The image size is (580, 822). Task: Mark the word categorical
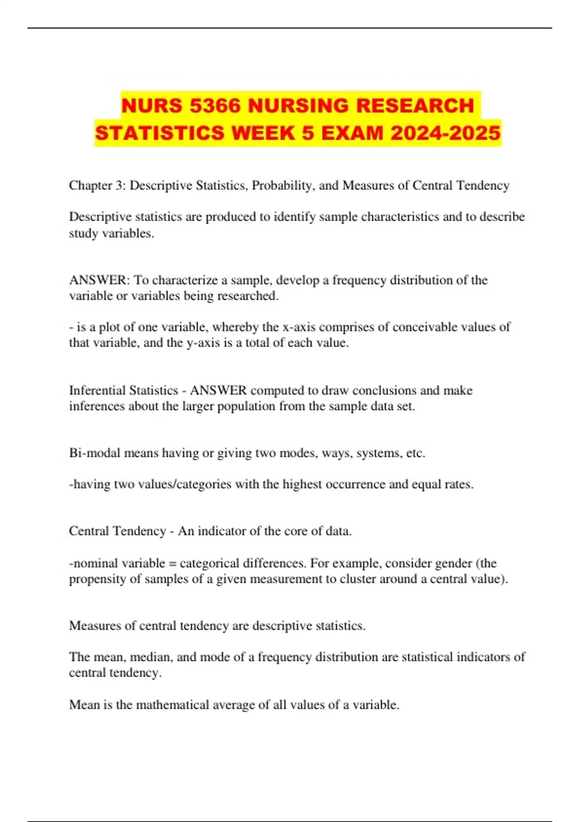point(209,563)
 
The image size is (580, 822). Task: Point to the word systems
point(377,453)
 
